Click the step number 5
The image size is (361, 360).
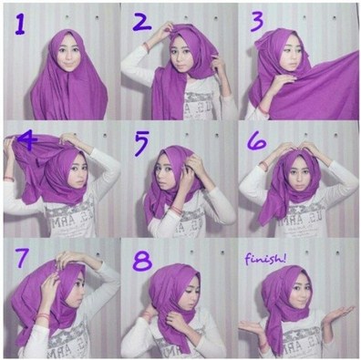139,144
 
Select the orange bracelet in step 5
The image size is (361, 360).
172,211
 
